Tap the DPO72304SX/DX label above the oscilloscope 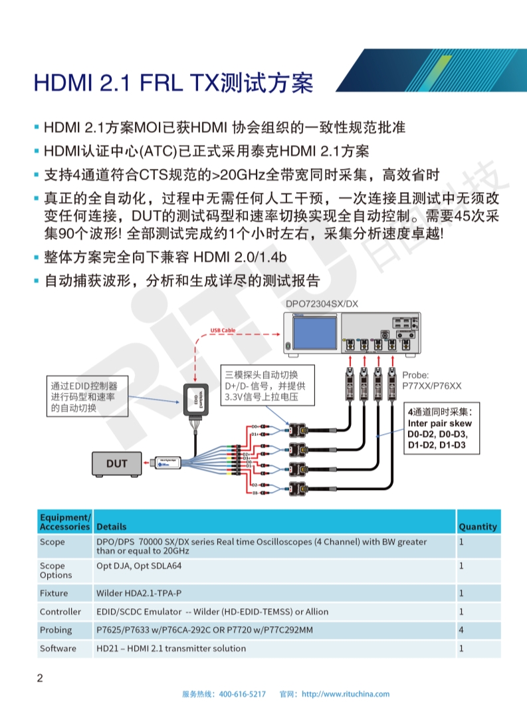click(x=322, y=304)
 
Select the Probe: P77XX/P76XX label click(x=431, y=380)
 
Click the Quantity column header click(x=477, y=527)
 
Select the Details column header click(x=111, y=527)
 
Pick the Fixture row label click(x=53, y=593)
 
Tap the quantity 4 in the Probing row click(x=461, y=630)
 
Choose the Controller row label click(x=60, y=612)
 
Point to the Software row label click(x=58, y=648)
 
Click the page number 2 click(x=40, y=678)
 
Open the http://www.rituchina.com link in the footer click(x=346, y=694)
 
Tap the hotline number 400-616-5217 click(x=242, y=694)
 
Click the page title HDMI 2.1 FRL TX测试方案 click(x=173, y=83)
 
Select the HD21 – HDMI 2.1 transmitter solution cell click(x=171, y=648)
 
